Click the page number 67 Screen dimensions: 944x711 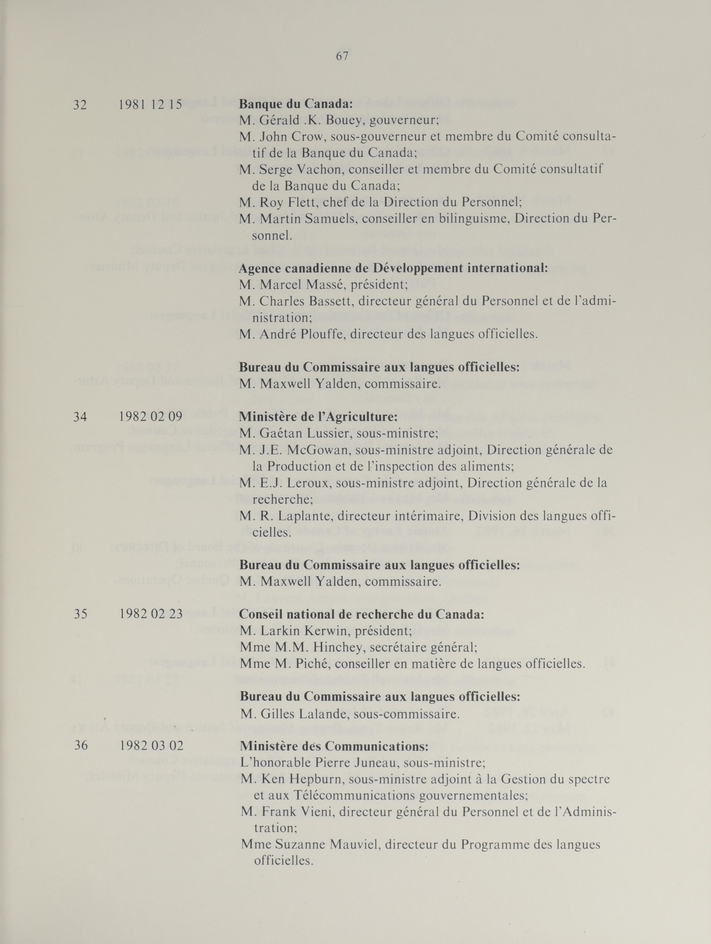342,56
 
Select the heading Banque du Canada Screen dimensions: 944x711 296,104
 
